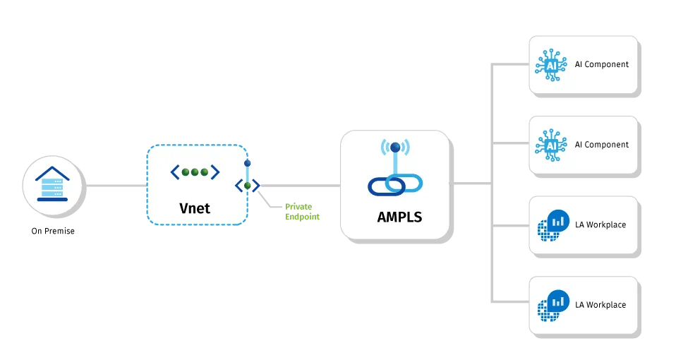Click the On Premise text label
(x=53, y=231)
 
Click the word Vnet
(x=194, y=208)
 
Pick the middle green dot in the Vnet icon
(x=195, y=172)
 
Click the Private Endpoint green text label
(x=302, y=211)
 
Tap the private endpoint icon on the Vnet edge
(x=248, y=185)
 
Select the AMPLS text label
(x=399, y=217)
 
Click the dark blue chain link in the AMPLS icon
(x=384, y=185)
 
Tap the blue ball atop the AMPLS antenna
(x=396, y=148)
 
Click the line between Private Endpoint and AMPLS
(x=300, y=186)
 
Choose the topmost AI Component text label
(x=601, y=64)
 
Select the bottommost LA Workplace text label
(x=600, y=305)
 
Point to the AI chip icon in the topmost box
(x=551, y=65)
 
